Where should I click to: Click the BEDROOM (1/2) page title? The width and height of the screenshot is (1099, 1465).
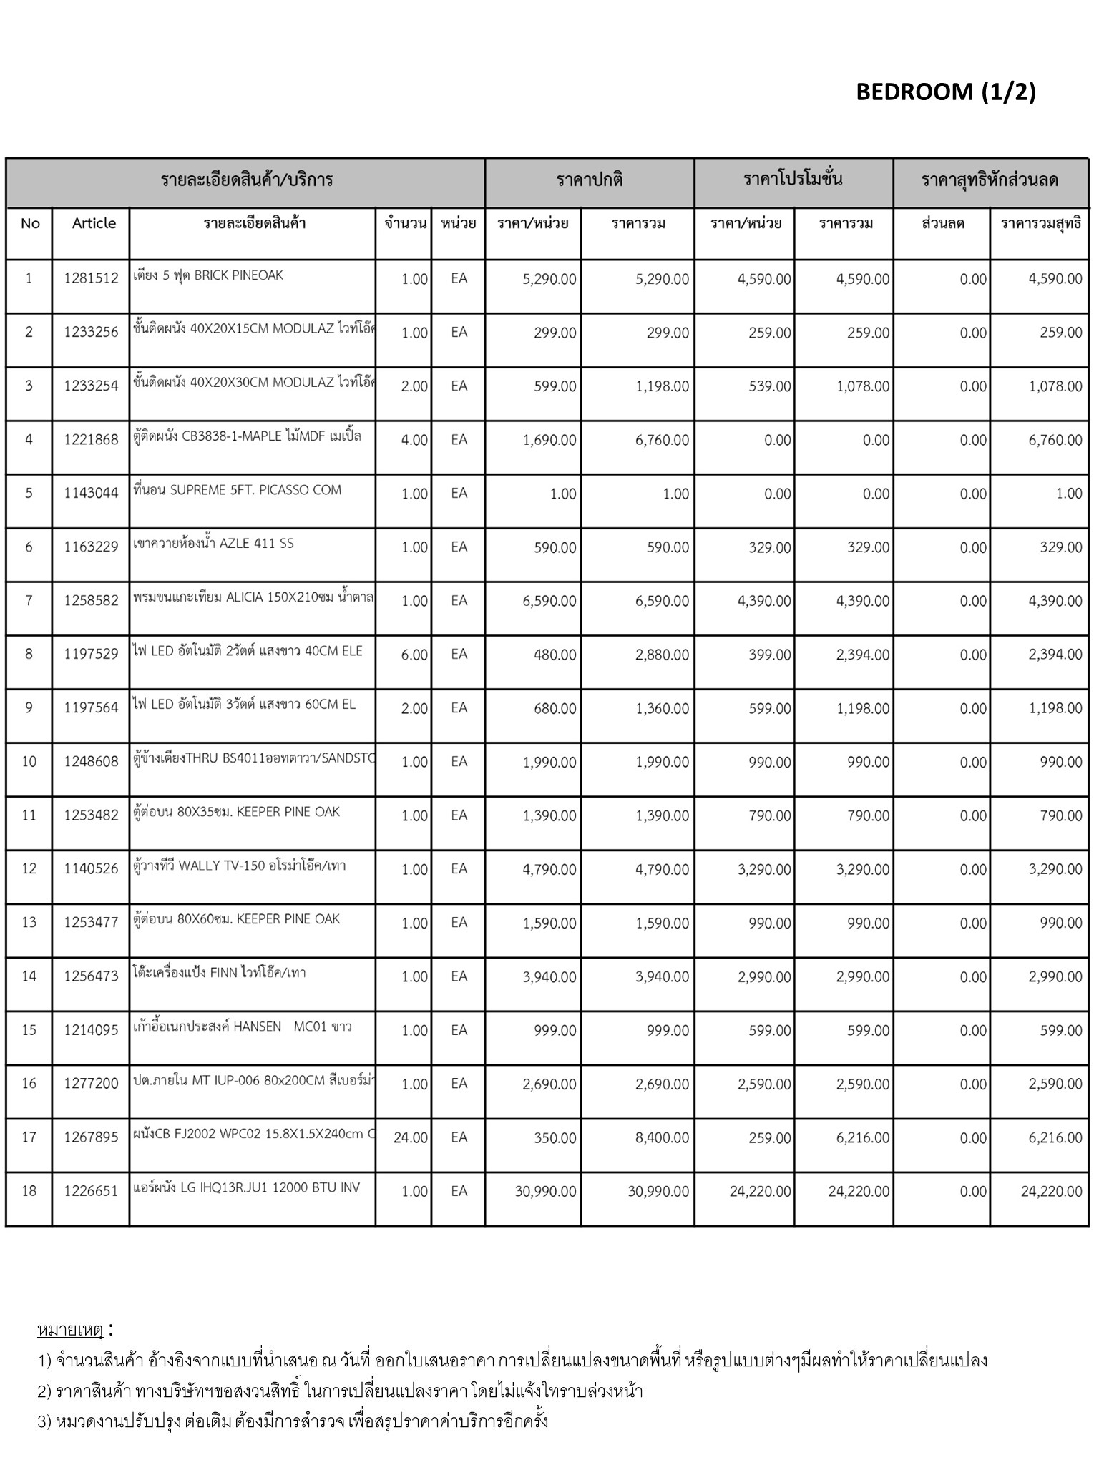pyautogui.click(x=945, y=92)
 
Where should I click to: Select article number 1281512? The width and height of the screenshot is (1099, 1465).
pyautogui.click(x=91, y=279)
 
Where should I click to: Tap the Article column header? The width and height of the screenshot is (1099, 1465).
pyautogui.click(x=94, y=223)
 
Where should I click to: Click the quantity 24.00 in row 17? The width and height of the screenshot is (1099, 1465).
pyautogui.click(x=410, y=1137)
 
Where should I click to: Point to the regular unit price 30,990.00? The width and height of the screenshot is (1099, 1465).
pyautogui.click(x=545, y=1192)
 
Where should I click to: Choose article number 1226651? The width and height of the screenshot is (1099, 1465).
pyautogui.click(x=91, y=1192)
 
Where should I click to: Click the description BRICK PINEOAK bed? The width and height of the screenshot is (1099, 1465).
pyautogui.click(x=208, y=275)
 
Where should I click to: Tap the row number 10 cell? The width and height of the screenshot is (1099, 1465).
pyautogui.click(x=29, y=762)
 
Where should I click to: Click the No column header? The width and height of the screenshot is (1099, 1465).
pyautogui.click(x=30, y=224)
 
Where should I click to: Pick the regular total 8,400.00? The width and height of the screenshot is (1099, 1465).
pyautogui.click(x=662, y=1138)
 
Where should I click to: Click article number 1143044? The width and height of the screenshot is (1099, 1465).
pyautogui.click(x=91, y=494)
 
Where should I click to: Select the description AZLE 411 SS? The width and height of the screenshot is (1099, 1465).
pyautogui.click(x=213, y=544)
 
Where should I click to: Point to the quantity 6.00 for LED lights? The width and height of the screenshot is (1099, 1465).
pyautogui.click(x=414, y=655)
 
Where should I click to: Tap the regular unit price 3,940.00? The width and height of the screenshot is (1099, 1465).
pyautogui.click(x=549, y=977)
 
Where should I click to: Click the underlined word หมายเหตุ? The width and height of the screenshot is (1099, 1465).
pyautogui.click(x=70, y=1330)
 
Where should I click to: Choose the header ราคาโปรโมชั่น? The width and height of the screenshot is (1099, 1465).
pyautogui.click(x=793, y=179)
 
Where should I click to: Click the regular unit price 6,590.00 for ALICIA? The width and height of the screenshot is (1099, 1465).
pyautogui.click(x=549, y=602)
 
